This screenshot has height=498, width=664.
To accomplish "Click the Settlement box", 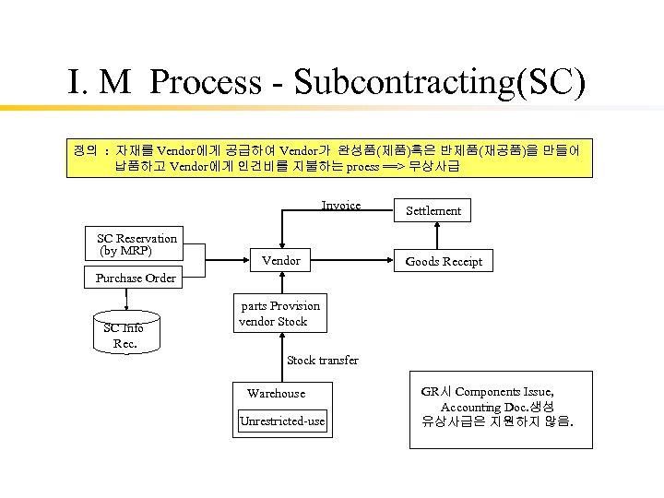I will click(433, 210).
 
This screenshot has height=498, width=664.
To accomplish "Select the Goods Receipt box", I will click(444, 261).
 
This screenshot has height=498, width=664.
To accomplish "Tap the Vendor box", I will click(280, 261).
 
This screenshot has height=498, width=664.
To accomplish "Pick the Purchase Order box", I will click(136, 278).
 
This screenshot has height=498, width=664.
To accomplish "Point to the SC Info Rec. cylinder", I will click(125, 334).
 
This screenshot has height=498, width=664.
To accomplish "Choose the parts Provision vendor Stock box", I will click(279, 314).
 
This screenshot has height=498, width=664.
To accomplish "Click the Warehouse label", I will click(276, 393).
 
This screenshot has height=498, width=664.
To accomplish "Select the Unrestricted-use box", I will click(282, 421).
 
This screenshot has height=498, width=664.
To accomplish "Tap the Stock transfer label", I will click(323, 360).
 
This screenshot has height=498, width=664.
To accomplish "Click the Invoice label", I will click(340, 206).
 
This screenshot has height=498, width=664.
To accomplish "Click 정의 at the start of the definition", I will click(85, 149).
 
